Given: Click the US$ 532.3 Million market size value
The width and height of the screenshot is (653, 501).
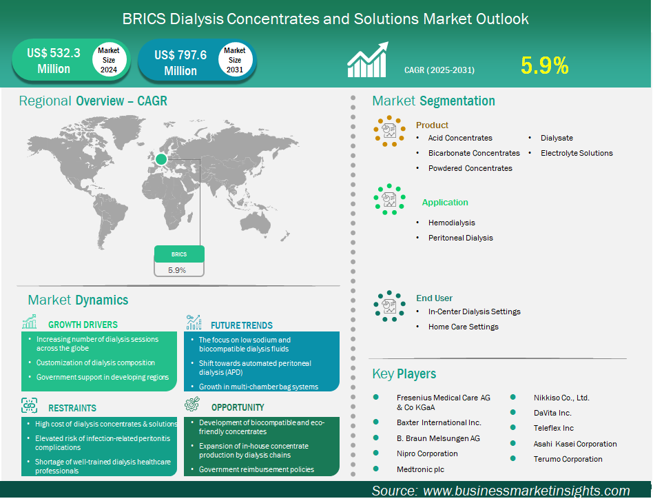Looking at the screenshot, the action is point(54,61).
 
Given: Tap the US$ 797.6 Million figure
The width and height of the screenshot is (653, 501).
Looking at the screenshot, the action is point(180,63).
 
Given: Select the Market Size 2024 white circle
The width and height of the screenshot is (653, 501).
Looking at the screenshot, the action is point(109,60).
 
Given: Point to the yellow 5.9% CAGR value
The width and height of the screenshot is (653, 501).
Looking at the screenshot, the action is point(544,65).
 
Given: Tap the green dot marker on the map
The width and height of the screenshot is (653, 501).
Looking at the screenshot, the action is point(161,159).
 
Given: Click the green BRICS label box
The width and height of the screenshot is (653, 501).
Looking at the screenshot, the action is point(179,254).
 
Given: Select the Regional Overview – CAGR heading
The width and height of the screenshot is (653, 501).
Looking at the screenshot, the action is point(93,101).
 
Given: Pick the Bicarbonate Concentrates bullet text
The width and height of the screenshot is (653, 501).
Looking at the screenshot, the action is point(474,153).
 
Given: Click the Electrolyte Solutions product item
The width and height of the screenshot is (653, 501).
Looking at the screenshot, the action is point(577,153).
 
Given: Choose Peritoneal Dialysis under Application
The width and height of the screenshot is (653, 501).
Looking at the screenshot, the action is point(461,238).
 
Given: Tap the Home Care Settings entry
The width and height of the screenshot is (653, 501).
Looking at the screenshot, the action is point(464,327).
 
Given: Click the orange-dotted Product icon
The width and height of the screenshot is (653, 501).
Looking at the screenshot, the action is point(389,131).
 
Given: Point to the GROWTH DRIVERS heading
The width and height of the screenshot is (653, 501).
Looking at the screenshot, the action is point(83,325).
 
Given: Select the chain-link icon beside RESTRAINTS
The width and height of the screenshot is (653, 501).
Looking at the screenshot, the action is point(30,405).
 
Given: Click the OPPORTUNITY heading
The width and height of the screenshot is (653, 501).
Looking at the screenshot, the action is point(238,407).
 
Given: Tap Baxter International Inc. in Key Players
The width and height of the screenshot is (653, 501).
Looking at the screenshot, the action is point(439,422).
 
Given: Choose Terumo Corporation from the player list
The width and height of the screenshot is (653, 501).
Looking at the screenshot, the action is point(568,459).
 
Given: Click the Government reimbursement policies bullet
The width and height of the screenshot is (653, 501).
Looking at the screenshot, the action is point(256,469).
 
